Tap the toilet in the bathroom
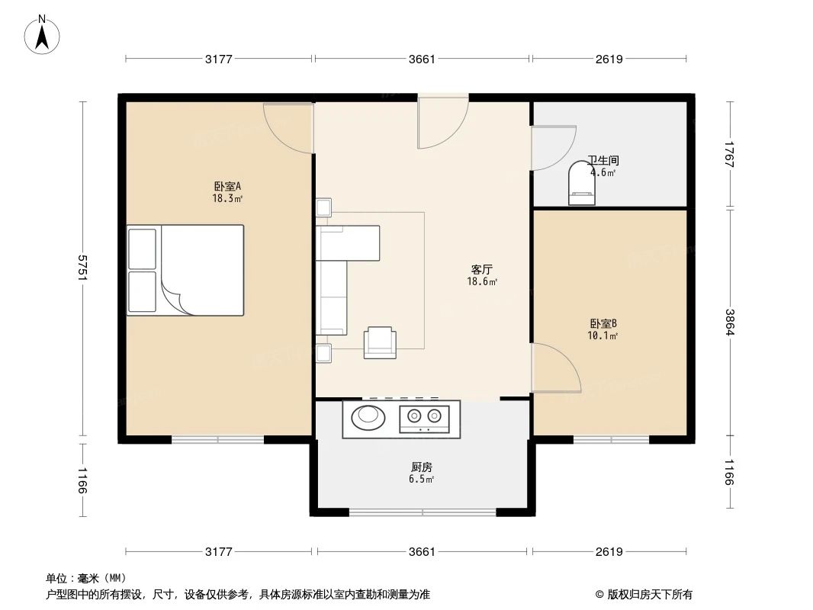coord(584,185)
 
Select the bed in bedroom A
coord(186,270)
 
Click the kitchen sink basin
coord(369,416)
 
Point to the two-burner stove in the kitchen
coord(424,417)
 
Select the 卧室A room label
coord(227,185)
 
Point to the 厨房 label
coord(422,467)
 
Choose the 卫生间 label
coord(603,161)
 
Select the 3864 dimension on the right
coord(730,323)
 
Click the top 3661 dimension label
coord(422,59)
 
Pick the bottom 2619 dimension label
coord(609,551)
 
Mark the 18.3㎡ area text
coord(227,198)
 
